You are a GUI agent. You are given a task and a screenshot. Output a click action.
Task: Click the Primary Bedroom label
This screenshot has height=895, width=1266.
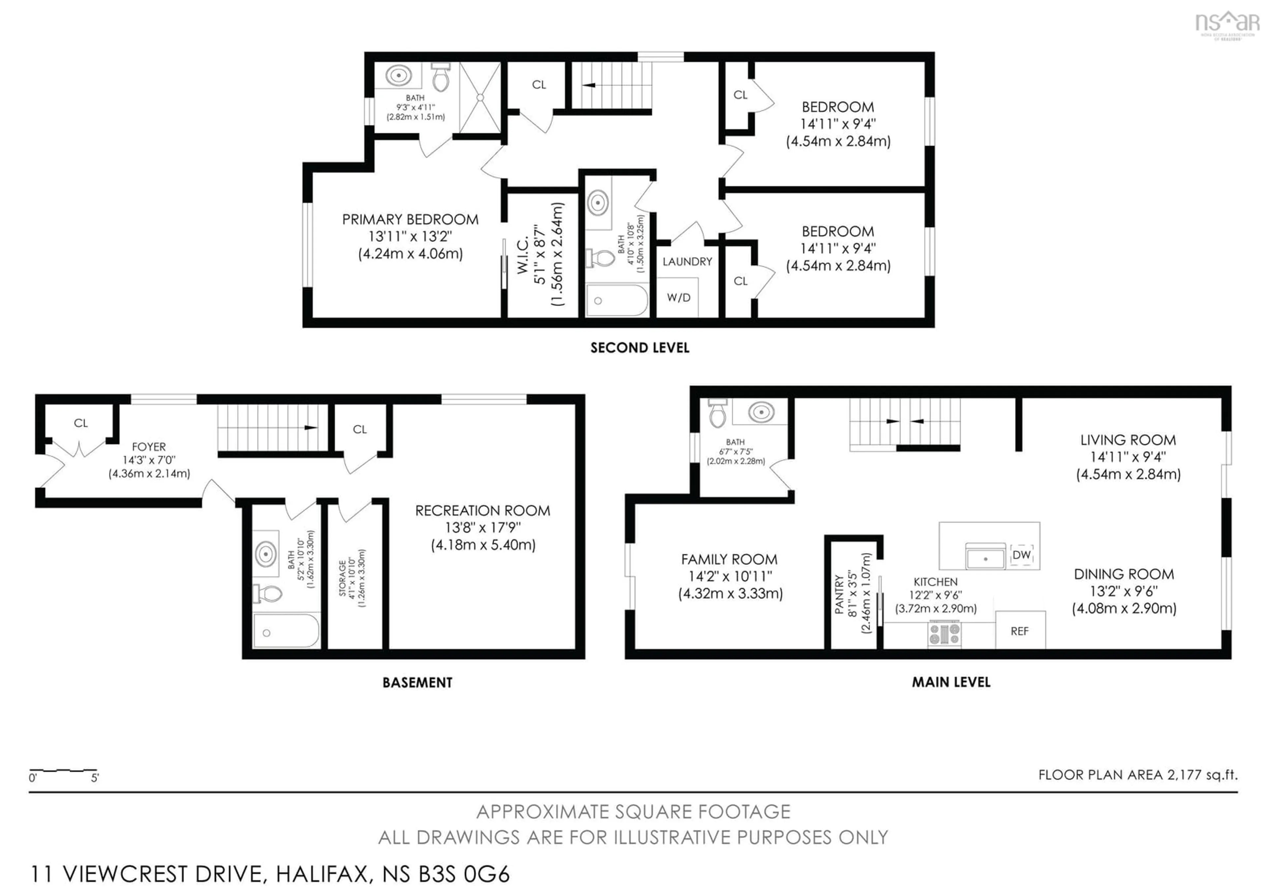pyautogui.click(x=410, y=220)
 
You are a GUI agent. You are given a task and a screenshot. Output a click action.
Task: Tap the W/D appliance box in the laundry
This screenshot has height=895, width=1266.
pyautogui.click(x=678, y=298)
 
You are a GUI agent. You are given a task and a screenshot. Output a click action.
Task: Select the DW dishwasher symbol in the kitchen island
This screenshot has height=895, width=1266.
pyautogui.click(x=1021, y=555)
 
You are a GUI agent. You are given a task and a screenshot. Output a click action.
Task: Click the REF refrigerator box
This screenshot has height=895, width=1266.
pyautogui.click(x=1019, y=631)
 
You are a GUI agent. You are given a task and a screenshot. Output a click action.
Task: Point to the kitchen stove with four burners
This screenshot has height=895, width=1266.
pyautogui.click(x=945, y=633)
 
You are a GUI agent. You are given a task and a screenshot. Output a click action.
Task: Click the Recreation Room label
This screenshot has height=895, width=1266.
pyautogui.click(x=482, y=510)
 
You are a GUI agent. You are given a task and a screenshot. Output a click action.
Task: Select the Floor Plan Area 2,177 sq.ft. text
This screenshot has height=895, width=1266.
pyautogui.click(x=1137, y=775)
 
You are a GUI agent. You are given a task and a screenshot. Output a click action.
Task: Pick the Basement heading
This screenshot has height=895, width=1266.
pyautogui.click(x=417, y=683)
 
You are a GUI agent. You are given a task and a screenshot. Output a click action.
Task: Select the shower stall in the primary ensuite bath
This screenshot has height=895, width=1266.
pyautogui.click(x=480, y=98)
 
